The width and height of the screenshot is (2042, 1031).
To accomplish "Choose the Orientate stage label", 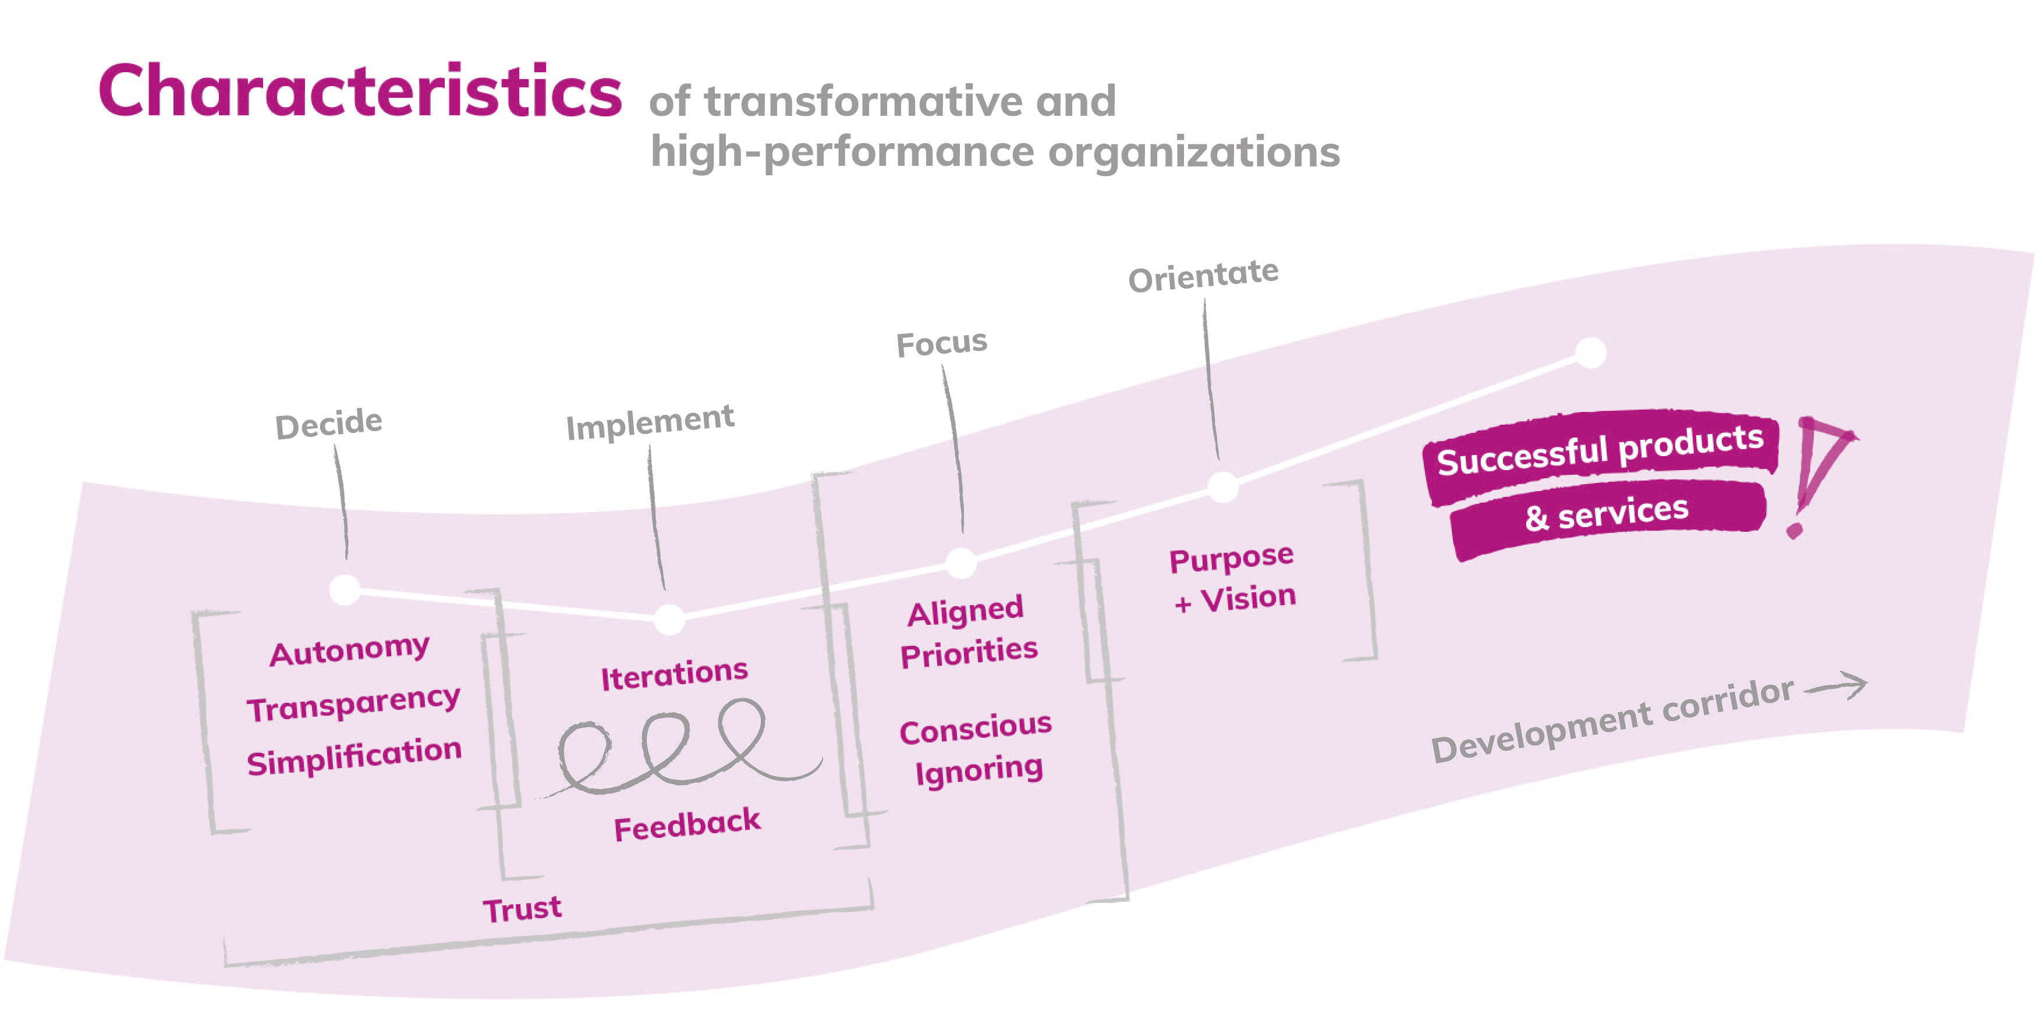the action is (1203, 275).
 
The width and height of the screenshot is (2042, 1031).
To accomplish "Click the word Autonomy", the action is (350, 650).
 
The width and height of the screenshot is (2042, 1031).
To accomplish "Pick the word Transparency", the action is (353, 703).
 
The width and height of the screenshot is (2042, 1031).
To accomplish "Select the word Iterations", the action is (674, 674).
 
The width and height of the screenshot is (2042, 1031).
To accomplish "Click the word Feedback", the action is (687, 824).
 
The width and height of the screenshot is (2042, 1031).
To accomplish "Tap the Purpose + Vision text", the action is (1233, 578).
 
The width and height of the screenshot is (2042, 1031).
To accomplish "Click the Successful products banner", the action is (1600, 451).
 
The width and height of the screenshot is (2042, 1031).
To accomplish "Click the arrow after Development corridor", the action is (1836, 687).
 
